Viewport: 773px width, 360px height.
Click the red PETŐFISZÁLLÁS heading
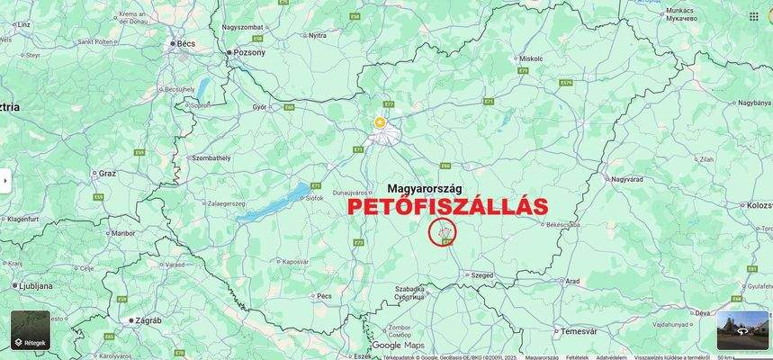[447, 206]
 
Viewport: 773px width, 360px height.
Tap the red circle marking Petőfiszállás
[443, 232]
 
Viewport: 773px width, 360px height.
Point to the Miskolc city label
[531, 58]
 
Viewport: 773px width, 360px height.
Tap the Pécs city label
[325, 295]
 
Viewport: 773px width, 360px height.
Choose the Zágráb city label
[146, 319]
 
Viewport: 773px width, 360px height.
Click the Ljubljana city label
[38, 284]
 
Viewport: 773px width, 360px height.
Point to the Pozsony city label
[249, 52]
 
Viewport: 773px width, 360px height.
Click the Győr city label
[260, 106]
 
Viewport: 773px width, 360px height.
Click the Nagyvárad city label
[628, 179]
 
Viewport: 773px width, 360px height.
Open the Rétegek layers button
[31, 330]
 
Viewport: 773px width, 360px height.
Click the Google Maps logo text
[399, 346]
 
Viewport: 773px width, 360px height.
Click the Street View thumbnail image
[742, 330]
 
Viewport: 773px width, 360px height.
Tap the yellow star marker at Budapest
[380, 121]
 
